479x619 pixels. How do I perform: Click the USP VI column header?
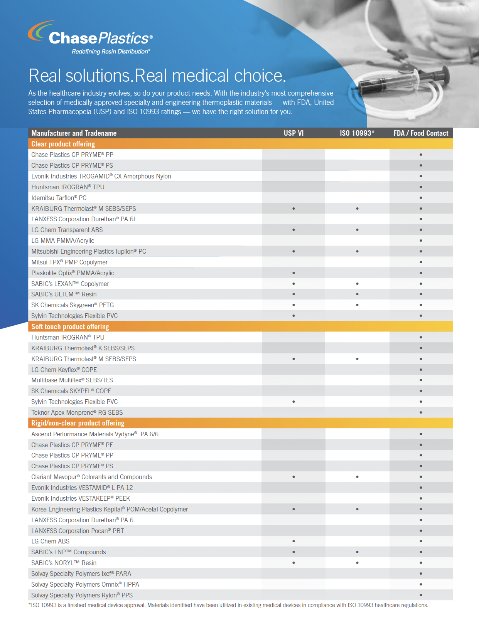293,133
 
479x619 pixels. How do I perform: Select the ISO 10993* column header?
357,133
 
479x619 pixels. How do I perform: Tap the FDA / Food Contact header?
421,133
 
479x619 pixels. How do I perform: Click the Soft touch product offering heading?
70,326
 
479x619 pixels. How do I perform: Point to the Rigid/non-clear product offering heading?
78,423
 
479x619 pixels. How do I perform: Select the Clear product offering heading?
63,144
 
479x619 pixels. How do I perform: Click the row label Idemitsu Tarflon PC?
59,198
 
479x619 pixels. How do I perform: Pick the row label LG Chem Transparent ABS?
67,230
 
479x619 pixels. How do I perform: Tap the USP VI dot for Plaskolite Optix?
293,273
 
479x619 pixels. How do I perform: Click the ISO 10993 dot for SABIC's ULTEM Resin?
357,294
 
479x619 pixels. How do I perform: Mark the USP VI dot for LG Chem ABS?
293,541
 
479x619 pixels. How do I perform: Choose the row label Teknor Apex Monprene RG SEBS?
77,412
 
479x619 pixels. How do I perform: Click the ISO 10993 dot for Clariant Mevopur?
357,476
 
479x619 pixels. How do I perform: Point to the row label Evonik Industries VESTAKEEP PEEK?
81,498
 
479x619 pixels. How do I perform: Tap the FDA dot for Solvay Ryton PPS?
421,595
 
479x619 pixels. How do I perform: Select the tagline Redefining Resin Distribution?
111,52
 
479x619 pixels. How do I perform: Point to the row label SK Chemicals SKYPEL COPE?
71,391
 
